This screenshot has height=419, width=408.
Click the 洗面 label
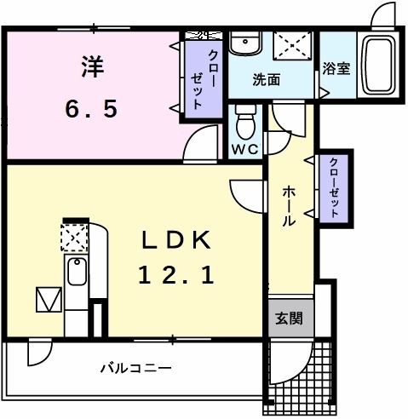[266, 81]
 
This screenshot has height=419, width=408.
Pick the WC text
[246, 147]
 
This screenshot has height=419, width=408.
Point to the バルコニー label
[136, 368]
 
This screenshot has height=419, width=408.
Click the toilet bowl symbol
[246, 121]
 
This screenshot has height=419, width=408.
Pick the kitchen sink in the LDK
[75, 274]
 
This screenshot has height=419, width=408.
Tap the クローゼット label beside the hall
[335, 189]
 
